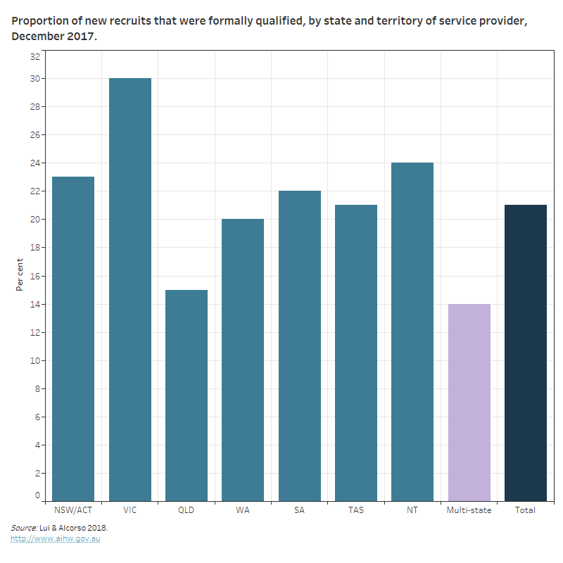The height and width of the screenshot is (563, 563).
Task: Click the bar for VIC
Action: tap(130, 289)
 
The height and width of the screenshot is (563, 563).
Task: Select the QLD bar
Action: tap(186, 395)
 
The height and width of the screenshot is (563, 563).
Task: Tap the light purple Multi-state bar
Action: tap(469, 402)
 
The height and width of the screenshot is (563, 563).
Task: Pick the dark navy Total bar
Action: tap(526, 353)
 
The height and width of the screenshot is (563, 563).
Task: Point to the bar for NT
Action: tap(412, 331)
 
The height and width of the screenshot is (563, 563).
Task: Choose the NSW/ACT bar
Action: tap(73, 339)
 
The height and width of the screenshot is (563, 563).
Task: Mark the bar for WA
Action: tap(243, 360)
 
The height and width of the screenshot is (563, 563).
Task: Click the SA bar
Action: tap(300, 346)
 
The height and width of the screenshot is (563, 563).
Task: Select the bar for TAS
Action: tap(356, 353)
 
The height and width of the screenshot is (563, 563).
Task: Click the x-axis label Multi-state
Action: tap(469, 510)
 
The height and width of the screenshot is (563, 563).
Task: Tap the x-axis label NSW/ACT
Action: tap(73, 510)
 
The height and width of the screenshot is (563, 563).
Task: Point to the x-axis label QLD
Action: tap(186, 510)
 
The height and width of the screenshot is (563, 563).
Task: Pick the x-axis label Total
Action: tap(526, 510)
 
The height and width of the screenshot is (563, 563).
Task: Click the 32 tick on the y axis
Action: tap(35, 56)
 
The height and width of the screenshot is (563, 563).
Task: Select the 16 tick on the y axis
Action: tap(35, 276)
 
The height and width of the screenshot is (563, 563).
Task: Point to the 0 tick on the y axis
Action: tap(38, 495)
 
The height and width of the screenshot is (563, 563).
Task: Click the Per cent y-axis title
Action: tap(20, 275)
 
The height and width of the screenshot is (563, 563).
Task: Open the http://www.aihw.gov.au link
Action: tap(55, 539)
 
